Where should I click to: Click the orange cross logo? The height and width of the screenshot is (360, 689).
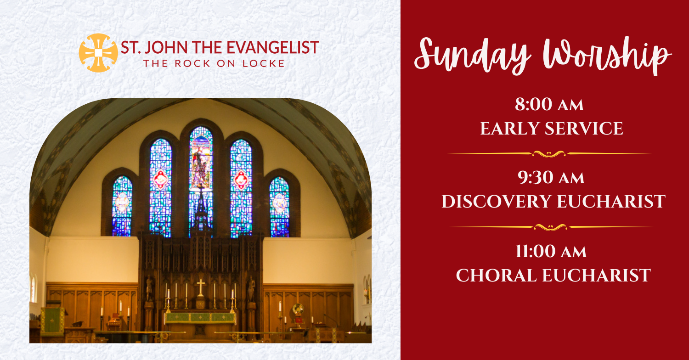(98, 53)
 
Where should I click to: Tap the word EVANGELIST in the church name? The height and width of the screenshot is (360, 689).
(272, 47)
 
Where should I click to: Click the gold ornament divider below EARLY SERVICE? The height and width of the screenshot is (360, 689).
(549, 154)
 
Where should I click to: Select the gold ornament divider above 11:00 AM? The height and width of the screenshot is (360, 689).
(551, 227)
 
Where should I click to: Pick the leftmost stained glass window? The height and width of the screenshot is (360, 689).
(122, 206)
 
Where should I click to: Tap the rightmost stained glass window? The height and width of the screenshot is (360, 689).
(279, 207)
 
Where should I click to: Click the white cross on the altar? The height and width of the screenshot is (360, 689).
(201, 287)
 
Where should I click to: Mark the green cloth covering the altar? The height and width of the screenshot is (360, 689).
(200, 318)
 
